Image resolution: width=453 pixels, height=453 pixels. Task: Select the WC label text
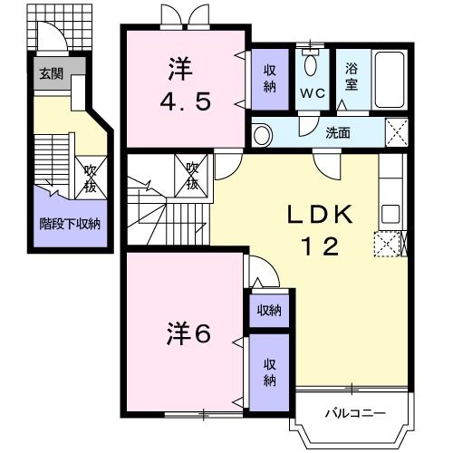coord(312,92)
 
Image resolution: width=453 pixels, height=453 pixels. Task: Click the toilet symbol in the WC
coord(312,63)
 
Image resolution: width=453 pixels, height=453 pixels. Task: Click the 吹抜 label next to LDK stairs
coord(192,174)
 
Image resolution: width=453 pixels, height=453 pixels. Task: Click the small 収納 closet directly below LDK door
coord(268,310)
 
